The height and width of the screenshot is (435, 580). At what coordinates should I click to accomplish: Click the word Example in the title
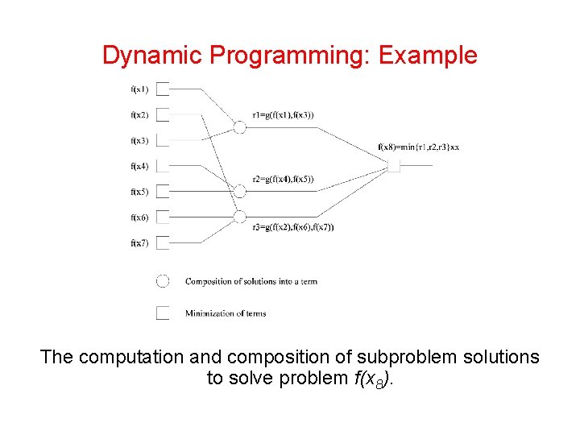click(x=428, y=56)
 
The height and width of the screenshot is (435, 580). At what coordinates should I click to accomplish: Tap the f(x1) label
click(x=139, y=89)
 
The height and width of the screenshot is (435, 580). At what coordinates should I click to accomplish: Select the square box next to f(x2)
click(x=163, y=114)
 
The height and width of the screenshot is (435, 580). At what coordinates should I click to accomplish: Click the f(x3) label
click(x=139, y=140)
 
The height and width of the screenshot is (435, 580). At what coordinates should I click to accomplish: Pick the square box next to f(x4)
click(x=163, y=166)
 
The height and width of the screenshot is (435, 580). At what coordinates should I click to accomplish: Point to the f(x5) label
click(x=139, y=192)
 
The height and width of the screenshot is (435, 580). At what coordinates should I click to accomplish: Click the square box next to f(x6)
click(x=163, y=217)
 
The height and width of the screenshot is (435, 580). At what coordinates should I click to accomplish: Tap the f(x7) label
click(x=139, y=242)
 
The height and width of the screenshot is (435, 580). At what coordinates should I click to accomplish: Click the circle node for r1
click(x=239, y=126)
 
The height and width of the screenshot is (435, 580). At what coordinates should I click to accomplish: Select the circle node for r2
click(x=239, y=191)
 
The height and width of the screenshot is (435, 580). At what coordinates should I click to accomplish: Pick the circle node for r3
click(x=239, y=216)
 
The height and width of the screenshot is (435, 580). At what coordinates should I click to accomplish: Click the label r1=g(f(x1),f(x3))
click(x=283, y=115)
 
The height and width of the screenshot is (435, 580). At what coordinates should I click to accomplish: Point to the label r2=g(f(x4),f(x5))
click(x=283, y=179)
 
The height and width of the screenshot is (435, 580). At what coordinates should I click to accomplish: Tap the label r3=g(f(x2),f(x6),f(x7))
click(x=292, y=227)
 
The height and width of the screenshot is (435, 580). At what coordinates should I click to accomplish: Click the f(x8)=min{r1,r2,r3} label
click(x=418, y=147)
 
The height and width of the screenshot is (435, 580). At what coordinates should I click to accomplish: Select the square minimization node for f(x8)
click(x=394, y=166)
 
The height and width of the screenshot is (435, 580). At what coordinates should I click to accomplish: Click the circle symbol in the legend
click(x=163, y=281)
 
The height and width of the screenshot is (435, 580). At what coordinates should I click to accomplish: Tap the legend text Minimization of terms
click(x=226, y=313)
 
